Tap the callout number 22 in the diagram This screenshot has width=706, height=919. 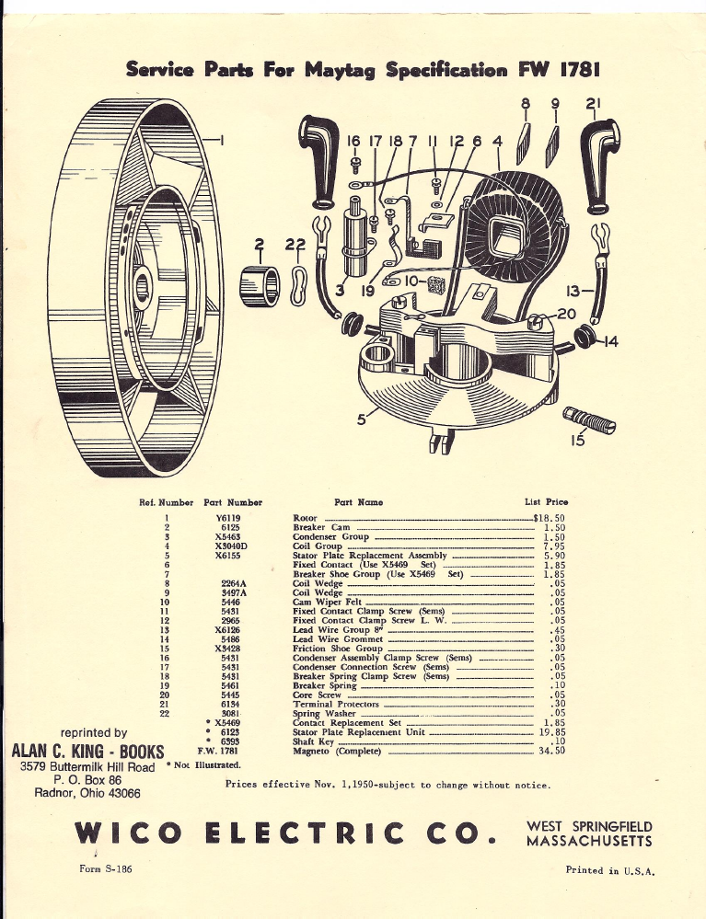point(294,245)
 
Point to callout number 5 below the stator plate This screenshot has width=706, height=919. point(362,418)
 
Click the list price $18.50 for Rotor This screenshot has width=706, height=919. point(550,518)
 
